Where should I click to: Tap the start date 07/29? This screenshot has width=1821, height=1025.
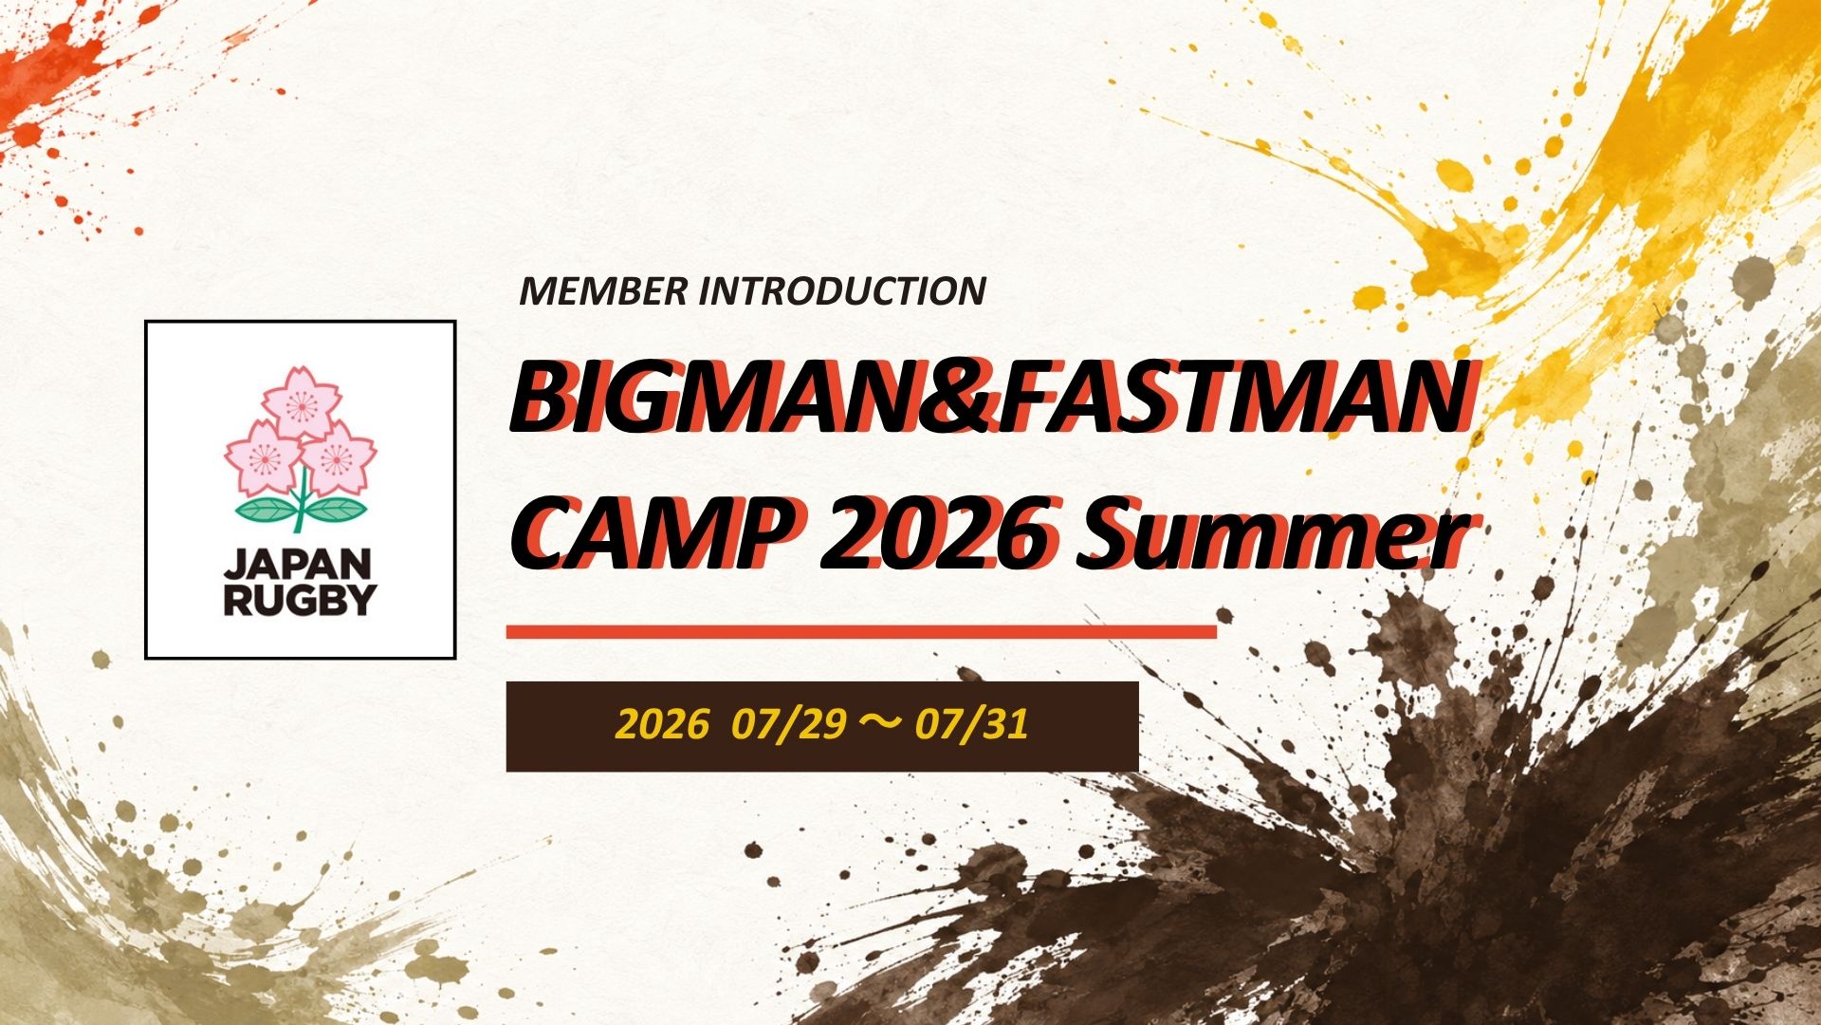coord(788,725)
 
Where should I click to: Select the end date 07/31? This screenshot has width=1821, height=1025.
coord(971,725)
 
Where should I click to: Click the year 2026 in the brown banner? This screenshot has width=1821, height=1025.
coord(661,725)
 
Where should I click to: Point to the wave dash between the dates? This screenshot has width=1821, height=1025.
coord(880,726)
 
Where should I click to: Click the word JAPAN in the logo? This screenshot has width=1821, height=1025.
coord(299,566)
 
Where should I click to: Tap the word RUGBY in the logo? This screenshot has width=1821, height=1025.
coord(300,601)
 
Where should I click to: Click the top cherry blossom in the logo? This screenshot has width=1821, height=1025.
coord(301,403)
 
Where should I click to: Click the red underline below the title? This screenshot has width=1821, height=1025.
coord(861,631)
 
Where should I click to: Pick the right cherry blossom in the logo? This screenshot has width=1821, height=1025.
coord(337,459)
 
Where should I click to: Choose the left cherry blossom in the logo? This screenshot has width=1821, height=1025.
coord(263,457)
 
